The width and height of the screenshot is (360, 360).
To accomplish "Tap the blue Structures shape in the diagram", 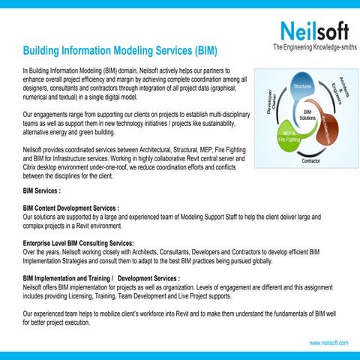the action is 302,88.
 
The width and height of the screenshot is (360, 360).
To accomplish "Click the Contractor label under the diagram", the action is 313,161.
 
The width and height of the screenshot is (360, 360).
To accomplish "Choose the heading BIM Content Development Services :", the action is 72,207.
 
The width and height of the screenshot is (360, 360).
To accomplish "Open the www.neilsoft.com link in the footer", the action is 328,342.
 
